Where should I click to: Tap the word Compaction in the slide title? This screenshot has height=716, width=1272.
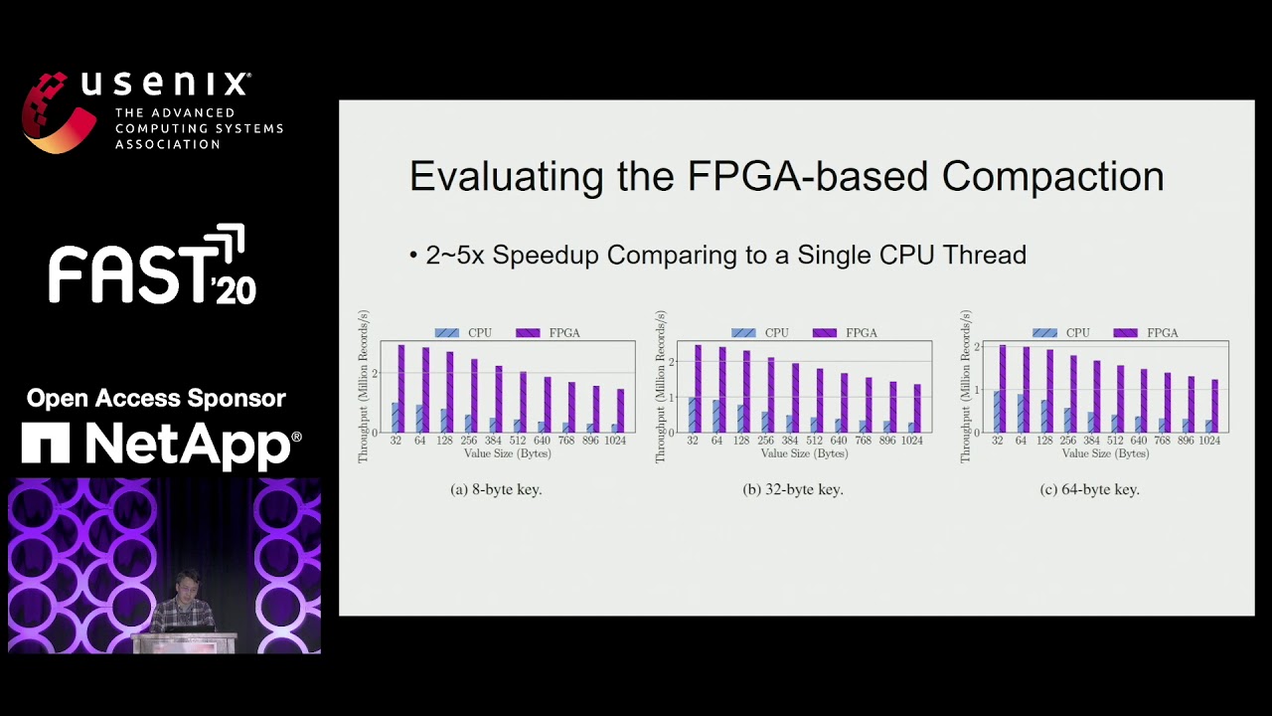1052,177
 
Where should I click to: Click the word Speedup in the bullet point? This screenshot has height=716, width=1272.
546,256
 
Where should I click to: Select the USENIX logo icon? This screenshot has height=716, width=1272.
59,111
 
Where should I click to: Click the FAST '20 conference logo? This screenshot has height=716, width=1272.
152,266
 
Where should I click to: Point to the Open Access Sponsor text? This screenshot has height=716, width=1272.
156,399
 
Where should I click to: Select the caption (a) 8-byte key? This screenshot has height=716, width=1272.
496,489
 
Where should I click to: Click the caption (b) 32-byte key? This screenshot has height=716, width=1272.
792,489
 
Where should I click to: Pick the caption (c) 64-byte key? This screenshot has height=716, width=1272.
1089,489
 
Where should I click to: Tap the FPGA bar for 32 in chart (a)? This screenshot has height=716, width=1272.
401,389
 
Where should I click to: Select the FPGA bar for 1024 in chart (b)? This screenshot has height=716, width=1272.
916,409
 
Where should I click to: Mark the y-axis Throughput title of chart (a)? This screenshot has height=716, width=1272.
363,386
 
